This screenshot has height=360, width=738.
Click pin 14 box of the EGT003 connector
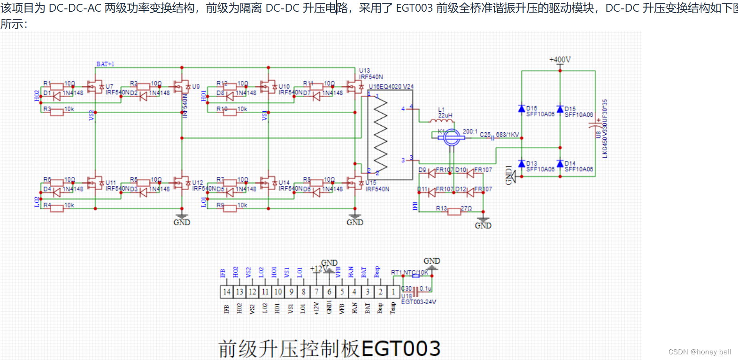(x=227, y=292)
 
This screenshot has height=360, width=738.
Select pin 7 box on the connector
(x=316, y=292)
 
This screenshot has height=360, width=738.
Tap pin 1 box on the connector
(x=393, y=292)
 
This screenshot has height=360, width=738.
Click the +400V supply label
(x=560, y=60)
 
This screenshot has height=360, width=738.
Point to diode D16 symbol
(x=522, y=109)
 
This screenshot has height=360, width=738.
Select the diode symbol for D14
(x=560, y=164)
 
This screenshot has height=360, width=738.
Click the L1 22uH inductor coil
(x=442, y=121)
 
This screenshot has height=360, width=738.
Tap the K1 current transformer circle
(x=452, y=137)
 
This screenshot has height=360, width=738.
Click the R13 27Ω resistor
(x=454, y=212)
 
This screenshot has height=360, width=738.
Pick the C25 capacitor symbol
(x=493, y=138)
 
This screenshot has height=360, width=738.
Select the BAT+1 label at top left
(x=105, y=64)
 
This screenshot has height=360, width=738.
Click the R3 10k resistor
(x=57, y=112)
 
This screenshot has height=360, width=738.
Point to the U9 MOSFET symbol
(x=182, y=87)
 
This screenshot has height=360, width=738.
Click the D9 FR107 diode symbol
(x=431, y=173)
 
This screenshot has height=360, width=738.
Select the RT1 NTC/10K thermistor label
(x=410, y=272)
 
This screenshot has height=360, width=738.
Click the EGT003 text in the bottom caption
(x=401, y=349)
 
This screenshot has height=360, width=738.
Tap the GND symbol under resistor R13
(x=483, y=221)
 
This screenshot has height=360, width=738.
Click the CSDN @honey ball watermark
(x=700, y=352)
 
